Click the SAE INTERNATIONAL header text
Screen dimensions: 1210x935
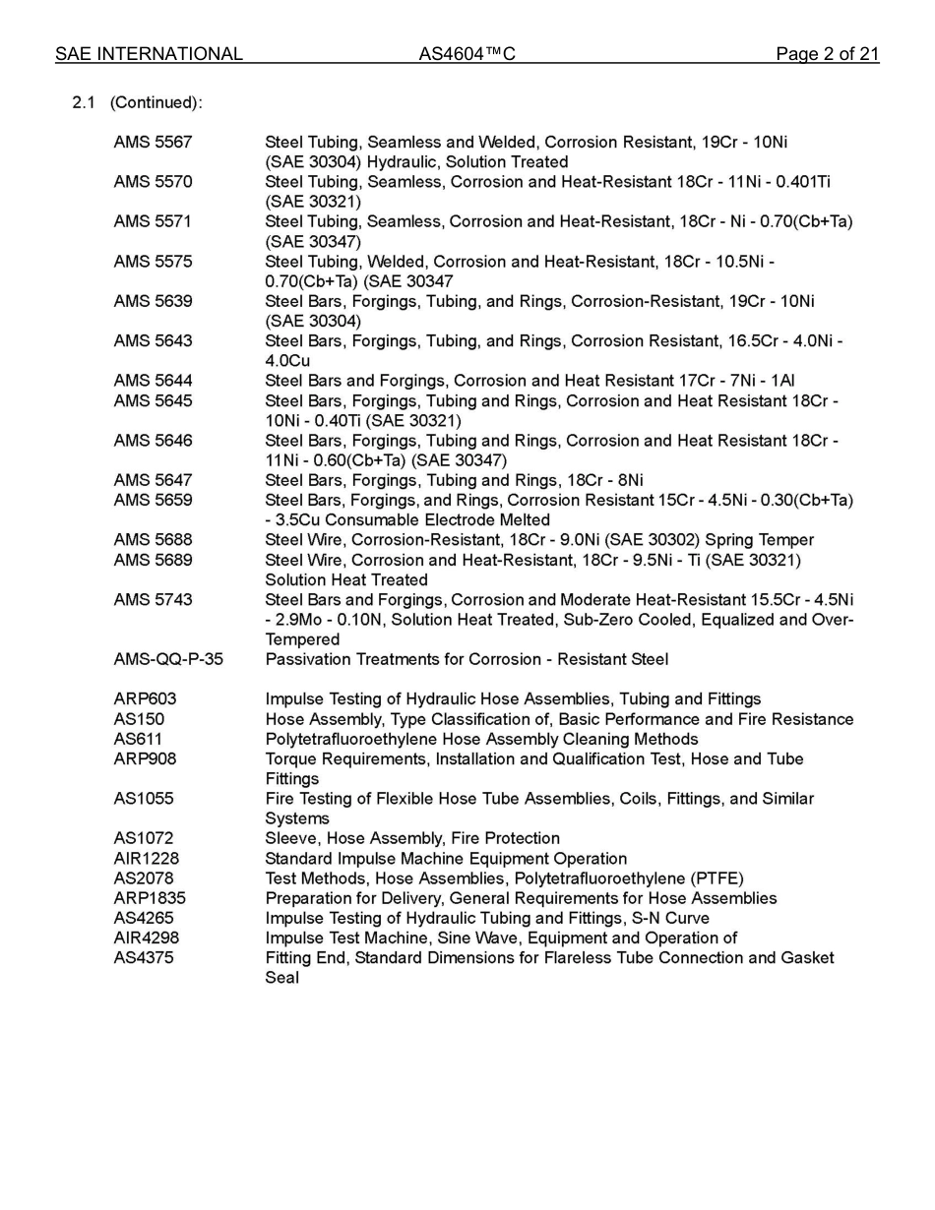[x=149, y=54]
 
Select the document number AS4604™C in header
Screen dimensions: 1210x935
[x=467, y=54]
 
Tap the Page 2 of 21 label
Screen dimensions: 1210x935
[x=827, y=54]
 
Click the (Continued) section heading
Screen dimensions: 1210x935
[x=156, y=103]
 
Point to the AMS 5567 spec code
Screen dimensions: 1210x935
[x=153, y=143]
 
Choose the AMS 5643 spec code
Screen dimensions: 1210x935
[x=153, y=341]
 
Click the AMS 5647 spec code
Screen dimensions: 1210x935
[x=153, y=480]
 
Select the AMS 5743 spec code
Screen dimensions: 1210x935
[x=153, y=600]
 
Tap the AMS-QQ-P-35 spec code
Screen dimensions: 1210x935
[x=168, y=659]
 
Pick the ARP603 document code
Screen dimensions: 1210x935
[x=145, y=699]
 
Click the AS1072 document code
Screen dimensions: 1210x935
[x=143, y=838]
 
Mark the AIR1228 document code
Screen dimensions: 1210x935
[x=147, y=859]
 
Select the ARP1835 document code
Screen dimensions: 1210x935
[x=150, y=898]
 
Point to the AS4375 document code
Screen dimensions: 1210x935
[x=143, y=958]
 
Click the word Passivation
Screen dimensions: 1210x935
[x=310, y=659]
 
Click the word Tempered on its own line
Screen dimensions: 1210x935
[x=302, y=639]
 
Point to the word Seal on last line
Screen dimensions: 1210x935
[x=281, y=978]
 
